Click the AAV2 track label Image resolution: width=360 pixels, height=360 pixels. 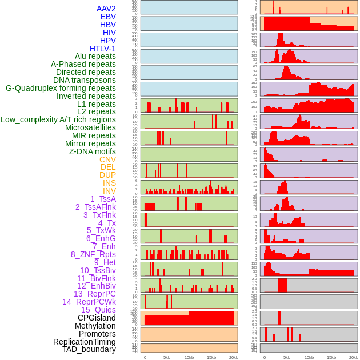click(106, 9)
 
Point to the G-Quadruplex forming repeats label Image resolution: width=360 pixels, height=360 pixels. click(61, 88)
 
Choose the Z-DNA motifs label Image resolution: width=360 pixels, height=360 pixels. click(92, 151)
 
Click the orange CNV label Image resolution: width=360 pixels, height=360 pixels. click(107, 159)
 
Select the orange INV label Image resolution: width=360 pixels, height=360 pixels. click(109, 191)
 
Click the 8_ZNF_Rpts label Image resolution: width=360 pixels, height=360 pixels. click(93, 254)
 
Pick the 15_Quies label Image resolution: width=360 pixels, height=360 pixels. click(98, 310)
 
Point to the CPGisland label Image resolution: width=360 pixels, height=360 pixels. click(97, 318)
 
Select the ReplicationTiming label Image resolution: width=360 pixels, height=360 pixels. click(84, 342)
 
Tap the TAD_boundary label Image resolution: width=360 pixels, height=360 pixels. click(89, 349)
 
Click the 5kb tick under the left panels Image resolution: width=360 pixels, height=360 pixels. click(167, 357)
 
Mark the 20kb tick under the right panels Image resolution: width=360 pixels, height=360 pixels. click(354, 357)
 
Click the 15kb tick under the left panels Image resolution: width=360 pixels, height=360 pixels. click(211, 357)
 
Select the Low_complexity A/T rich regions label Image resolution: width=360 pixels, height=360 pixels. click(58, 119)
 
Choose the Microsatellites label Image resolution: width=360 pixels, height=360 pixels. click(90, 127)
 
